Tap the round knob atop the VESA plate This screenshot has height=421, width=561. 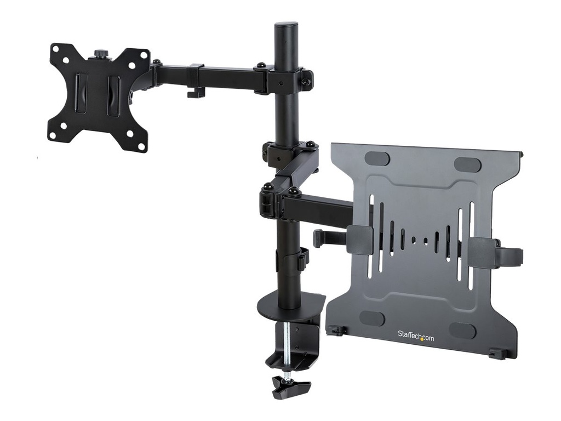(x=101, y=54)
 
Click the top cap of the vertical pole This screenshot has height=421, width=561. (x=286, y=25)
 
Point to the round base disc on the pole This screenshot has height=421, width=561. (x=290, y=308)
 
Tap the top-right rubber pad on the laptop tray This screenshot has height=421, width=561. (x=467, y=164)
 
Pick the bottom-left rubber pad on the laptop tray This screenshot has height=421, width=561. (x=373, y=318)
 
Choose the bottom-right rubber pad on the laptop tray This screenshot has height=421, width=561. (x=462, y=330)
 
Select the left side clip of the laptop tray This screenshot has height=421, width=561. (x=359, y=240)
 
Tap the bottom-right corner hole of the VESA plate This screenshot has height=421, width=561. (x=141, y=146)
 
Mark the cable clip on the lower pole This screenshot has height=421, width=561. (x=302, y=259)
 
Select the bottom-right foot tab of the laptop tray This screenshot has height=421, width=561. (x=497, y=354)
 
